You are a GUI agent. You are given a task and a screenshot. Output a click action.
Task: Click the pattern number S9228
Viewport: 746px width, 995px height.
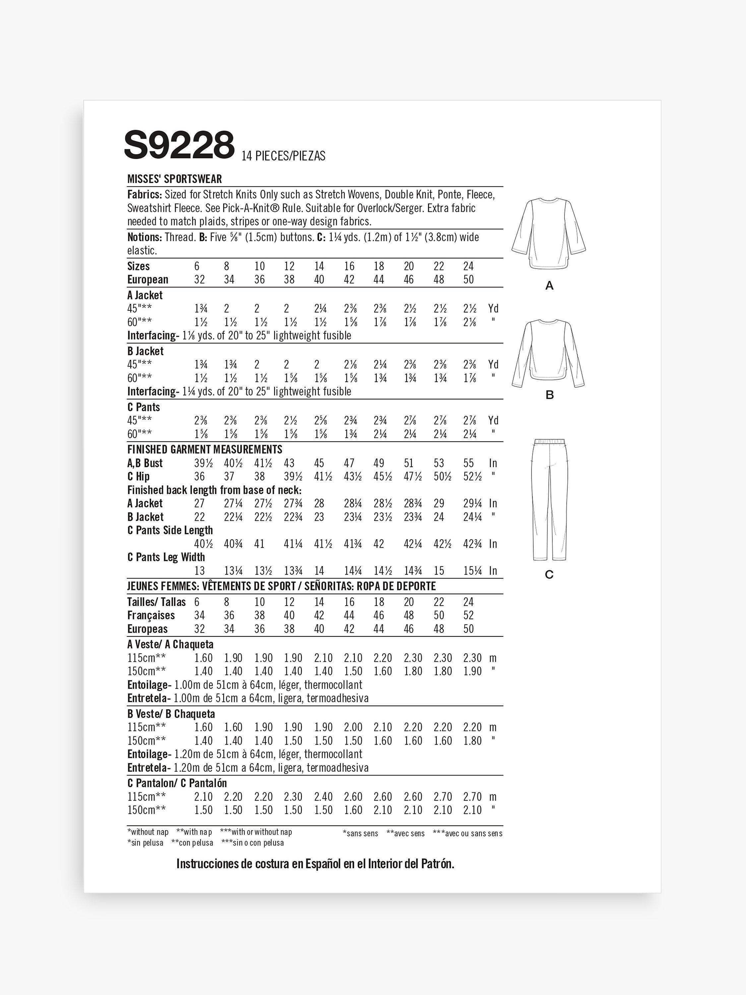pyautogui.click(x=179, y=145)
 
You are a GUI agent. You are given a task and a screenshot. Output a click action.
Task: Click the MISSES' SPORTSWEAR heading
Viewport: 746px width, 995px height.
pyautogui.click(x=174, y=179)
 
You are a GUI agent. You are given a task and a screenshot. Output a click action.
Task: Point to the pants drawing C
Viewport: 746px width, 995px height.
pyautogui.click(x=549, y=499)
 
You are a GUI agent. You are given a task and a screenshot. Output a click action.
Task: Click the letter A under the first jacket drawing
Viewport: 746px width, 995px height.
pyautogui.click(x=549, y=286)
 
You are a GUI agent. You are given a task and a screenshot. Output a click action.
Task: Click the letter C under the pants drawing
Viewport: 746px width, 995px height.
pyautogui.click(x=549, y=574)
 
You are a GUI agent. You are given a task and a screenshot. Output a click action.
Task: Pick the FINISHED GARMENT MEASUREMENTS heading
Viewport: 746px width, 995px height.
pyautogui.click(x=205, y=449)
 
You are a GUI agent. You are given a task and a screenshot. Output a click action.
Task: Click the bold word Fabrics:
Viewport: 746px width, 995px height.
pyautogui.click(x=144, y=195)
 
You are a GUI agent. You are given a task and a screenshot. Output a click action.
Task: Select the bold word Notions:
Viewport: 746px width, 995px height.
pyautogui.click(x=144, y=237)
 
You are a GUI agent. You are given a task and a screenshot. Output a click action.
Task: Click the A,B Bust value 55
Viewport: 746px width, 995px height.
pyautogui.click(x=468, y=463)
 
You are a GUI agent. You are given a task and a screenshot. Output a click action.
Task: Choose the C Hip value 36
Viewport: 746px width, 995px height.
pyautogui.click(x=199, y=476)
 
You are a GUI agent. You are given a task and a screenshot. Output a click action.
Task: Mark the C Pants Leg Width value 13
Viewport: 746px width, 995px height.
pyautogui.click(x=199, y=570)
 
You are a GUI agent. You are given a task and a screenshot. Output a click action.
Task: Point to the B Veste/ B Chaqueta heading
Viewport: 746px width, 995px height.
pyautogui.click(x=171, y=714)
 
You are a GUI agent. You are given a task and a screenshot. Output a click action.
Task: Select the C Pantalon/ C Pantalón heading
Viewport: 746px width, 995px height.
pyautogui.click(x=177, y=783)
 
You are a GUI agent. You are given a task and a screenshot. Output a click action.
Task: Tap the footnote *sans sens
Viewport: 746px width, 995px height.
pyautogui.click(x=360, y=833)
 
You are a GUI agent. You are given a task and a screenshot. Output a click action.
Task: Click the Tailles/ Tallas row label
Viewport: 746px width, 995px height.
pyautogui.click(x=156, y=602)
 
